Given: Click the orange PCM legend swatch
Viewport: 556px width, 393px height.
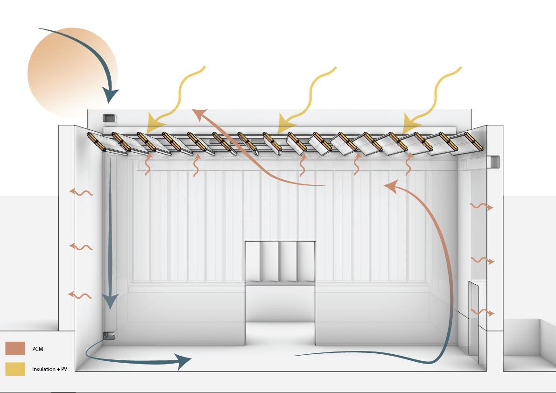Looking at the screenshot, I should point(15,349).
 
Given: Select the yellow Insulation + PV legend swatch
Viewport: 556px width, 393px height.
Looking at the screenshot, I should point(15,369).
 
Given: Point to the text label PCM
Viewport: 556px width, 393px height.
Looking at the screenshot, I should point(38,349).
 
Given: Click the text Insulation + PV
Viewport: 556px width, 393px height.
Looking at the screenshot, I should point(49,369).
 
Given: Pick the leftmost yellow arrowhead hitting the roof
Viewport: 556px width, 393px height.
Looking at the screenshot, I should point(155,125).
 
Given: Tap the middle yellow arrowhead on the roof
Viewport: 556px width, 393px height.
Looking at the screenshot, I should point(284,125).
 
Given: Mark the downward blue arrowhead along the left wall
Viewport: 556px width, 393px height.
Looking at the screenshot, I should point(110,301).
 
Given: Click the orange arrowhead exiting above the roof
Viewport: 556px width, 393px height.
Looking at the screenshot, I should point(199,114).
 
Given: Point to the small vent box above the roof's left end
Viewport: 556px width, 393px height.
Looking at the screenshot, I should point(108,119).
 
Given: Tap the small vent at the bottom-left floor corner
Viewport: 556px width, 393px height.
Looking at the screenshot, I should point(109,335).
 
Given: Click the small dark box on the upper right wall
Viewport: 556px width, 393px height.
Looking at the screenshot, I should point(493,162).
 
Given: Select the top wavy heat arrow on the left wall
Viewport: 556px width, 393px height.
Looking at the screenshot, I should point(80,192).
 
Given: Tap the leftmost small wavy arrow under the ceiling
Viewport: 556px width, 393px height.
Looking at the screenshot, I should point(148,165).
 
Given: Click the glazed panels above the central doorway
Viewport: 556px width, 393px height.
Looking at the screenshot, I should point(280,261).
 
